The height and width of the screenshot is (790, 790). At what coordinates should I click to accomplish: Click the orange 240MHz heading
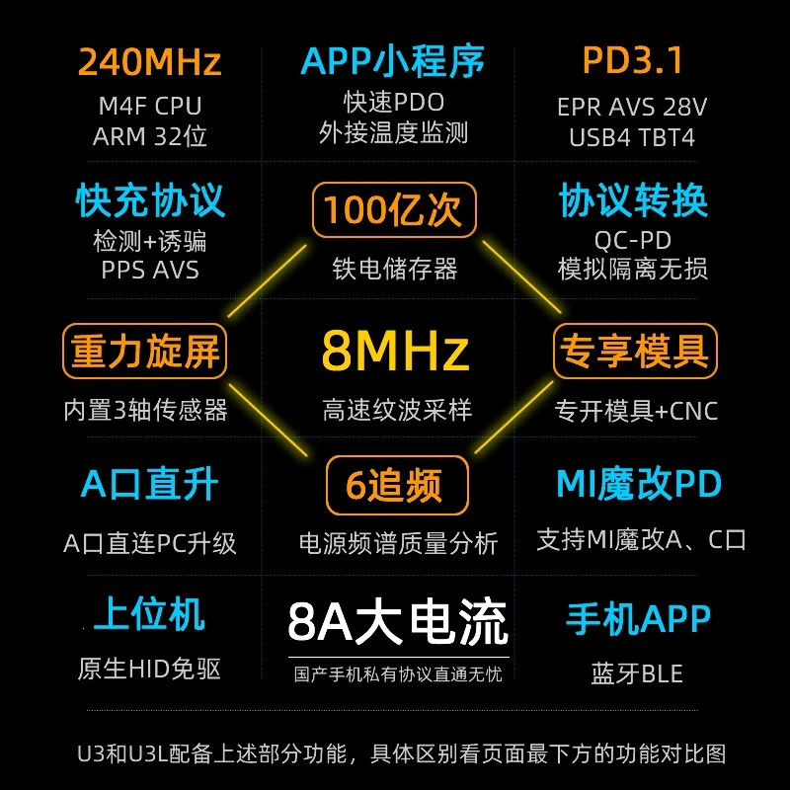coord(149,62)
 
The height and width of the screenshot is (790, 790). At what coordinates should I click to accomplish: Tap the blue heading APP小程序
coord(393,61)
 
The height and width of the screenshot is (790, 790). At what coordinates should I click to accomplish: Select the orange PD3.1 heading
coord(633,61)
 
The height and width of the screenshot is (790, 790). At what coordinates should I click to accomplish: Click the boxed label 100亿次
coord(394,210)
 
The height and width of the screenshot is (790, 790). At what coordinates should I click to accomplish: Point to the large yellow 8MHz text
coord(395,351)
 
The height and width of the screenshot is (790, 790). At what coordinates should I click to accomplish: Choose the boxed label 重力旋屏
coord(145,351)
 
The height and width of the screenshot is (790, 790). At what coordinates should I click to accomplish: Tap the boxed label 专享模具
coord(634,351)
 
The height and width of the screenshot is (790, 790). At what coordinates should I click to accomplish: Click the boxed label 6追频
coord(395,485)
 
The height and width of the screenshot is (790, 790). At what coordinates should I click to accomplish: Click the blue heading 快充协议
coord(150,200)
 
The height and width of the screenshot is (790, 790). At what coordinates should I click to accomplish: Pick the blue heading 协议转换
coord(633,200)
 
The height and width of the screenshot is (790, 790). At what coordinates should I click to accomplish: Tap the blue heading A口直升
coord(150,485)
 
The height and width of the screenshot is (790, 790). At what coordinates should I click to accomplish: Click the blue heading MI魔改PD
coord(639,485)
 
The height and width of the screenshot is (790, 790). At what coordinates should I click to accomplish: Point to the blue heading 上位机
coord(149,614)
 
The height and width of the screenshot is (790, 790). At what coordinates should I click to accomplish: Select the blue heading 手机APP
coord(638,619)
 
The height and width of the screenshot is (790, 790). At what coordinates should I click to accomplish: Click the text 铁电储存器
coord(395,269)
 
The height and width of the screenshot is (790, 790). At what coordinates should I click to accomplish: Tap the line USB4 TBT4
coord(632,137)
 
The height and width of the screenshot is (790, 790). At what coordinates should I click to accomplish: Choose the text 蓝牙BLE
coord(637,674)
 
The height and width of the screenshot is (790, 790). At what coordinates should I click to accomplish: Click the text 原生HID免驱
coord(149,670)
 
